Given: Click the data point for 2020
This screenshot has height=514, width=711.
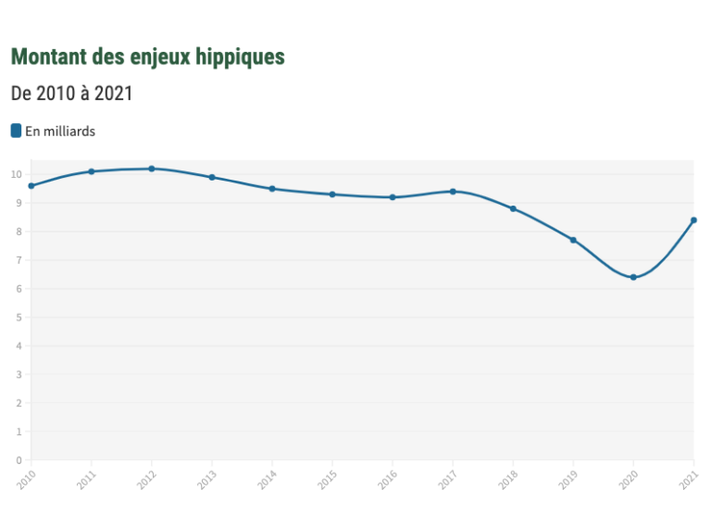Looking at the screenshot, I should pyautogui.click(x=633, y=277).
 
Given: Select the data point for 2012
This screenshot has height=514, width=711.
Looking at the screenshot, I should pyautogui.click(x=152, y=169).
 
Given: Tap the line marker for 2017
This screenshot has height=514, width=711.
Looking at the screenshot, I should pyautogui.click(x=453, y=192).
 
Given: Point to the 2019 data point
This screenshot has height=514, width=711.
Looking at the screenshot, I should pyautogui.click(x=573, y=240).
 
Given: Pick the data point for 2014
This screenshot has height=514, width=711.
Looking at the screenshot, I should pyautogui.click(x=272, y=189).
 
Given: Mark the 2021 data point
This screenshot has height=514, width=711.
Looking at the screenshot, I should pyautogui.click(x=693, y=220).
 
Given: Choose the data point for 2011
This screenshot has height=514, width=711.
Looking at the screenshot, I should pyautogui.click(x=92, y=171).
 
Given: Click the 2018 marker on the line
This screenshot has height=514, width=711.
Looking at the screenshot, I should pyautogui.click(x=513, y=208).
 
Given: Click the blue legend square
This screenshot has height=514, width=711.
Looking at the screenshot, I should pyautogui.click(x=16, y=131).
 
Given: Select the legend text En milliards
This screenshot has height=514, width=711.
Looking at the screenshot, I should pyautogui.click(x=60, y=132).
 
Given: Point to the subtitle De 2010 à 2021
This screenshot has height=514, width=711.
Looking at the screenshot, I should pyautogui.click(x=71, y=94).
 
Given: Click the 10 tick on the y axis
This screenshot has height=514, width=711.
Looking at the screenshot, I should pyautogui.click(x=17, y=174).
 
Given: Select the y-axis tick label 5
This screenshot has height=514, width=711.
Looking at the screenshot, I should pyautogui.click(x=19, y=318).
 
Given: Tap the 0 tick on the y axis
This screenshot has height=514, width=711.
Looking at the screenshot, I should pyautogui.click(x=19, y=460).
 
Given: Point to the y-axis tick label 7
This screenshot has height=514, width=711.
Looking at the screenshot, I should pyautogui.click(x=19, y=260).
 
